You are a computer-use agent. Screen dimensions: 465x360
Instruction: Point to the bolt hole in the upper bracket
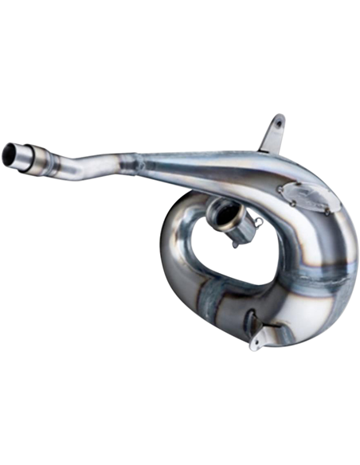[x=278, y=123]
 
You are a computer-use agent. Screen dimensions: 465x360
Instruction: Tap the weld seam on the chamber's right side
[x=319, y=263]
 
